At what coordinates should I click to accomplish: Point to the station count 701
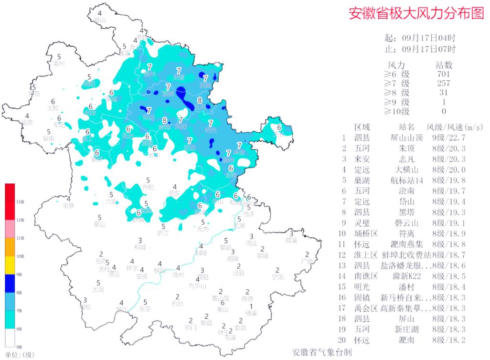443,74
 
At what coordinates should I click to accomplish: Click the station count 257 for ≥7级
443,83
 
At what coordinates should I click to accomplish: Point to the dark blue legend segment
10,283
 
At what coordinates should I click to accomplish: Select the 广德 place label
307,261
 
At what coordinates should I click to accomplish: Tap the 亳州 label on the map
59,64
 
